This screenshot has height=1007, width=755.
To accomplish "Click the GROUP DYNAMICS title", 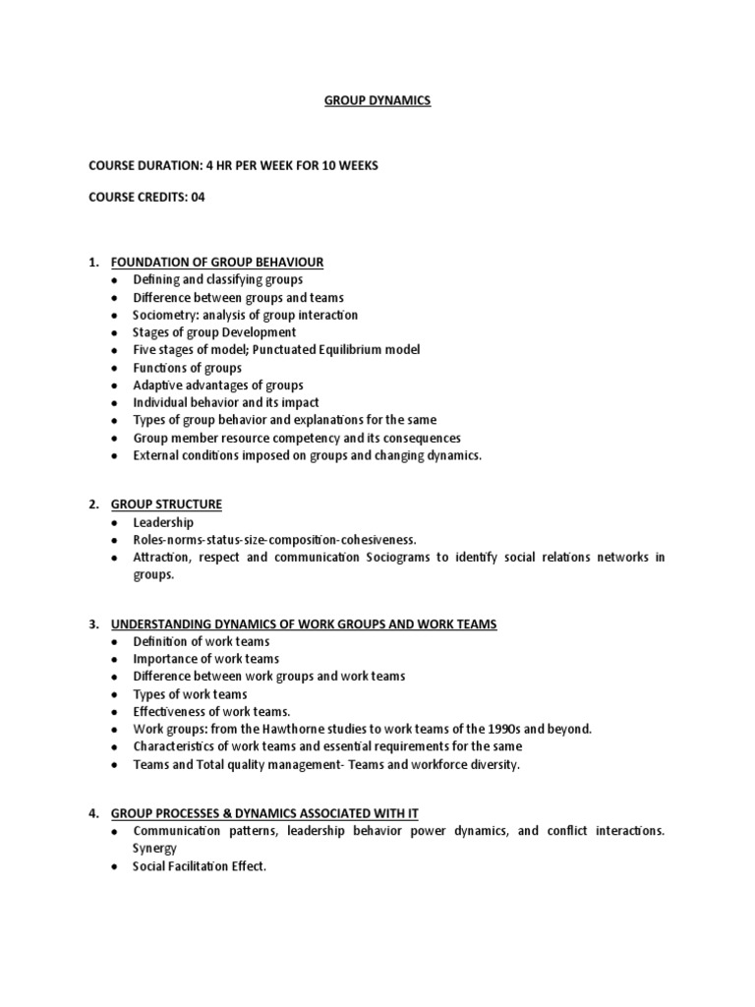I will coord(377,100).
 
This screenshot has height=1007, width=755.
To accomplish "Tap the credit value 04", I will coord(198,197).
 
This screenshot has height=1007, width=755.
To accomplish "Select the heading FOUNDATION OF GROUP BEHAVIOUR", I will coord(217,262).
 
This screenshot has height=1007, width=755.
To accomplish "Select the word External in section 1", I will coord(155,456).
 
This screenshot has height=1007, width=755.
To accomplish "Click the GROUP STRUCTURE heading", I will coord(166,504).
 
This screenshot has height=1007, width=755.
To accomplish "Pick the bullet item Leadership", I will coord(163,523).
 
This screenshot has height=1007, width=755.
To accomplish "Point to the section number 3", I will coord(92,624).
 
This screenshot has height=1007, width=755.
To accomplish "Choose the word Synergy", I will coord(154,848).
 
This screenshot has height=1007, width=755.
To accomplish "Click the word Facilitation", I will coord(202,866).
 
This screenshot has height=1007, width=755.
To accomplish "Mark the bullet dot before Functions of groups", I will coord(114,368).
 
